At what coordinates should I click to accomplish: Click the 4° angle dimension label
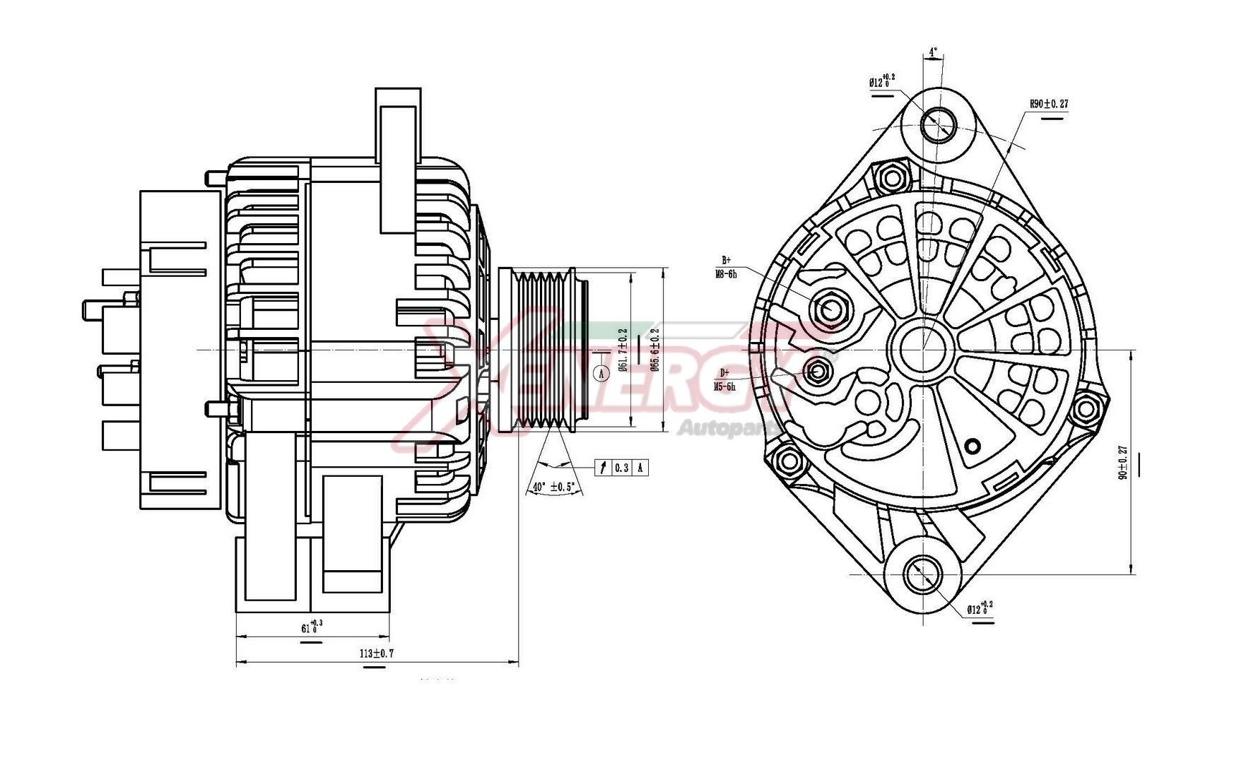pyautogui.click(x=933, y=52)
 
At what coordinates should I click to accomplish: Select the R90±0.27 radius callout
pyautogui.click(x=1048, y=104)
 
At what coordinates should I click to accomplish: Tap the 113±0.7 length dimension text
pyautogui.click(x=376, y=653)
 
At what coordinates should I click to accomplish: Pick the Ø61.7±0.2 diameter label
pyautogui.click(x=623, y=350)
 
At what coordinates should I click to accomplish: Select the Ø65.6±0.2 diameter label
pyautogui.click(x=654, y=350)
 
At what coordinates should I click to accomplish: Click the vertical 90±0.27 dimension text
pyautogui.click(x=1122, y=463)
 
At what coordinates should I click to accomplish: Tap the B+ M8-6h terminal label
pyautogui.click(x=725, y=267)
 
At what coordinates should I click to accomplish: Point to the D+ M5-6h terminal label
pyautogui.click(x=724, y=380)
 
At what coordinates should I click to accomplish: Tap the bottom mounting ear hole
pyautogui.click(x=922, y=574)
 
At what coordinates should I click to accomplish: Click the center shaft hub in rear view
pyautogui.click(x=922, y=348)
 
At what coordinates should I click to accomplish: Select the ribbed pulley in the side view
pyautogui.click(x=541, y=350)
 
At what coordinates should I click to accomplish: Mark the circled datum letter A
pyautogui.click(x=601, y=372)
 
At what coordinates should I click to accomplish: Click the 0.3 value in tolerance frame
pyautogui.click(x=621, y=468)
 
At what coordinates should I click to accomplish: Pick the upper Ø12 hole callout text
pyautogui.click(x=882, y=81)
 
